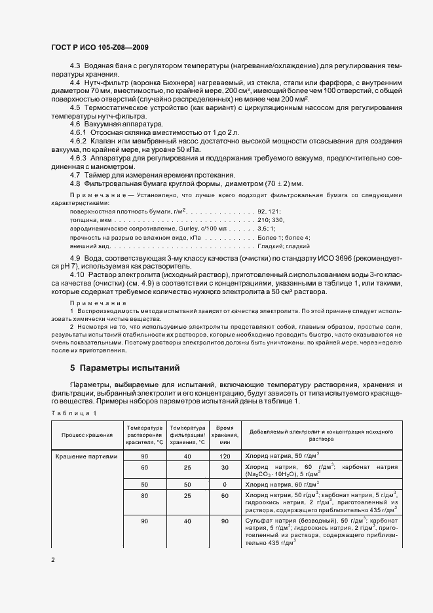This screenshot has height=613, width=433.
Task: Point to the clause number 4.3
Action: [x=75, y=66]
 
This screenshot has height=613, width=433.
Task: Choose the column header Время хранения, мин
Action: [x=225, y=434]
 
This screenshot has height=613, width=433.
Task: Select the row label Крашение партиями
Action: [x=86, y=455]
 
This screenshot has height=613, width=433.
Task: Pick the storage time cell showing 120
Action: [x=225, y=455]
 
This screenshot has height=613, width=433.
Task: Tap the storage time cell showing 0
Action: [x=225, y=484]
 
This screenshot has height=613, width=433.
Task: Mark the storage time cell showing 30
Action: [x=225, y=467]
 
